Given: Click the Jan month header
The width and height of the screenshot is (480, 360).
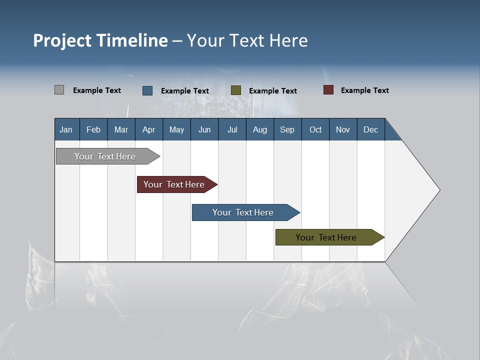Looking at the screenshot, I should [x=66, y=129].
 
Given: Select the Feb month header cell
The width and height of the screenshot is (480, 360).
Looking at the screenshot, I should [x=93, y=129].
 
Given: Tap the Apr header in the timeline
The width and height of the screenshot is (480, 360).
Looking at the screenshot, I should [x=149, y=129].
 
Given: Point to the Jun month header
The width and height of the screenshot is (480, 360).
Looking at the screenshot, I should [x=204, y=129].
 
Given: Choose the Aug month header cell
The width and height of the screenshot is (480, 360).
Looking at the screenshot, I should [x=260, y=129].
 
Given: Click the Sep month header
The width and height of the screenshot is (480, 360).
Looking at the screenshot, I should [x=287, y=129].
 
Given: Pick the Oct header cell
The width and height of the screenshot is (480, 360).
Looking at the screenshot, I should [x=315, y=129].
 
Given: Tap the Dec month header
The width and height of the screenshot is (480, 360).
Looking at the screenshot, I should [x=371, y=129].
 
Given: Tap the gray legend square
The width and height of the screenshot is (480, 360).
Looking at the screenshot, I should [x=59, y=90].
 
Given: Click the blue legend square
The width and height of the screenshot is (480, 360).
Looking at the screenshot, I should [x=147, y=90].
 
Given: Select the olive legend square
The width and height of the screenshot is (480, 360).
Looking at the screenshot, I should [x=236, y=90].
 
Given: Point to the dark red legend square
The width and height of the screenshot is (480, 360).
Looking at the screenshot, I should [x=328, y=90].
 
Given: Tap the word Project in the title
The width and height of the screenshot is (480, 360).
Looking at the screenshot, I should [x=62, y=40].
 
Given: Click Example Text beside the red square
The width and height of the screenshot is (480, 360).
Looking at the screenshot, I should [x=364, y=90].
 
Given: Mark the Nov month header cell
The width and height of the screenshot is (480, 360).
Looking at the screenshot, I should [x=343, y=129].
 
